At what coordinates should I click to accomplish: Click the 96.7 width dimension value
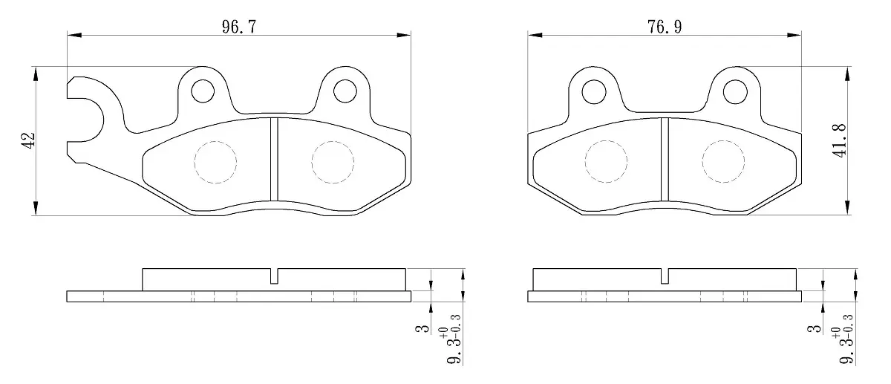[x=239, y=27]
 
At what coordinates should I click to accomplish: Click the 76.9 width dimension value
[x=665, y=27]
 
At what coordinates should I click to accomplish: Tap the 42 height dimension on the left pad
[x=28, y=140]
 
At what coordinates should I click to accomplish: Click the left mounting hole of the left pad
[x=203, y=91]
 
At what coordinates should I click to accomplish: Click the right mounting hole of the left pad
[x=345, y=91]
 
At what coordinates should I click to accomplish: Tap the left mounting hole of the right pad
[x=594, y=92]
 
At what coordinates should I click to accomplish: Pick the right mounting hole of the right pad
[x=735, y=92]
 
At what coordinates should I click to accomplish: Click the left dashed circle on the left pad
[x=215, y=163]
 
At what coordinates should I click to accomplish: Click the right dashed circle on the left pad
[x=333, y=163]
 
